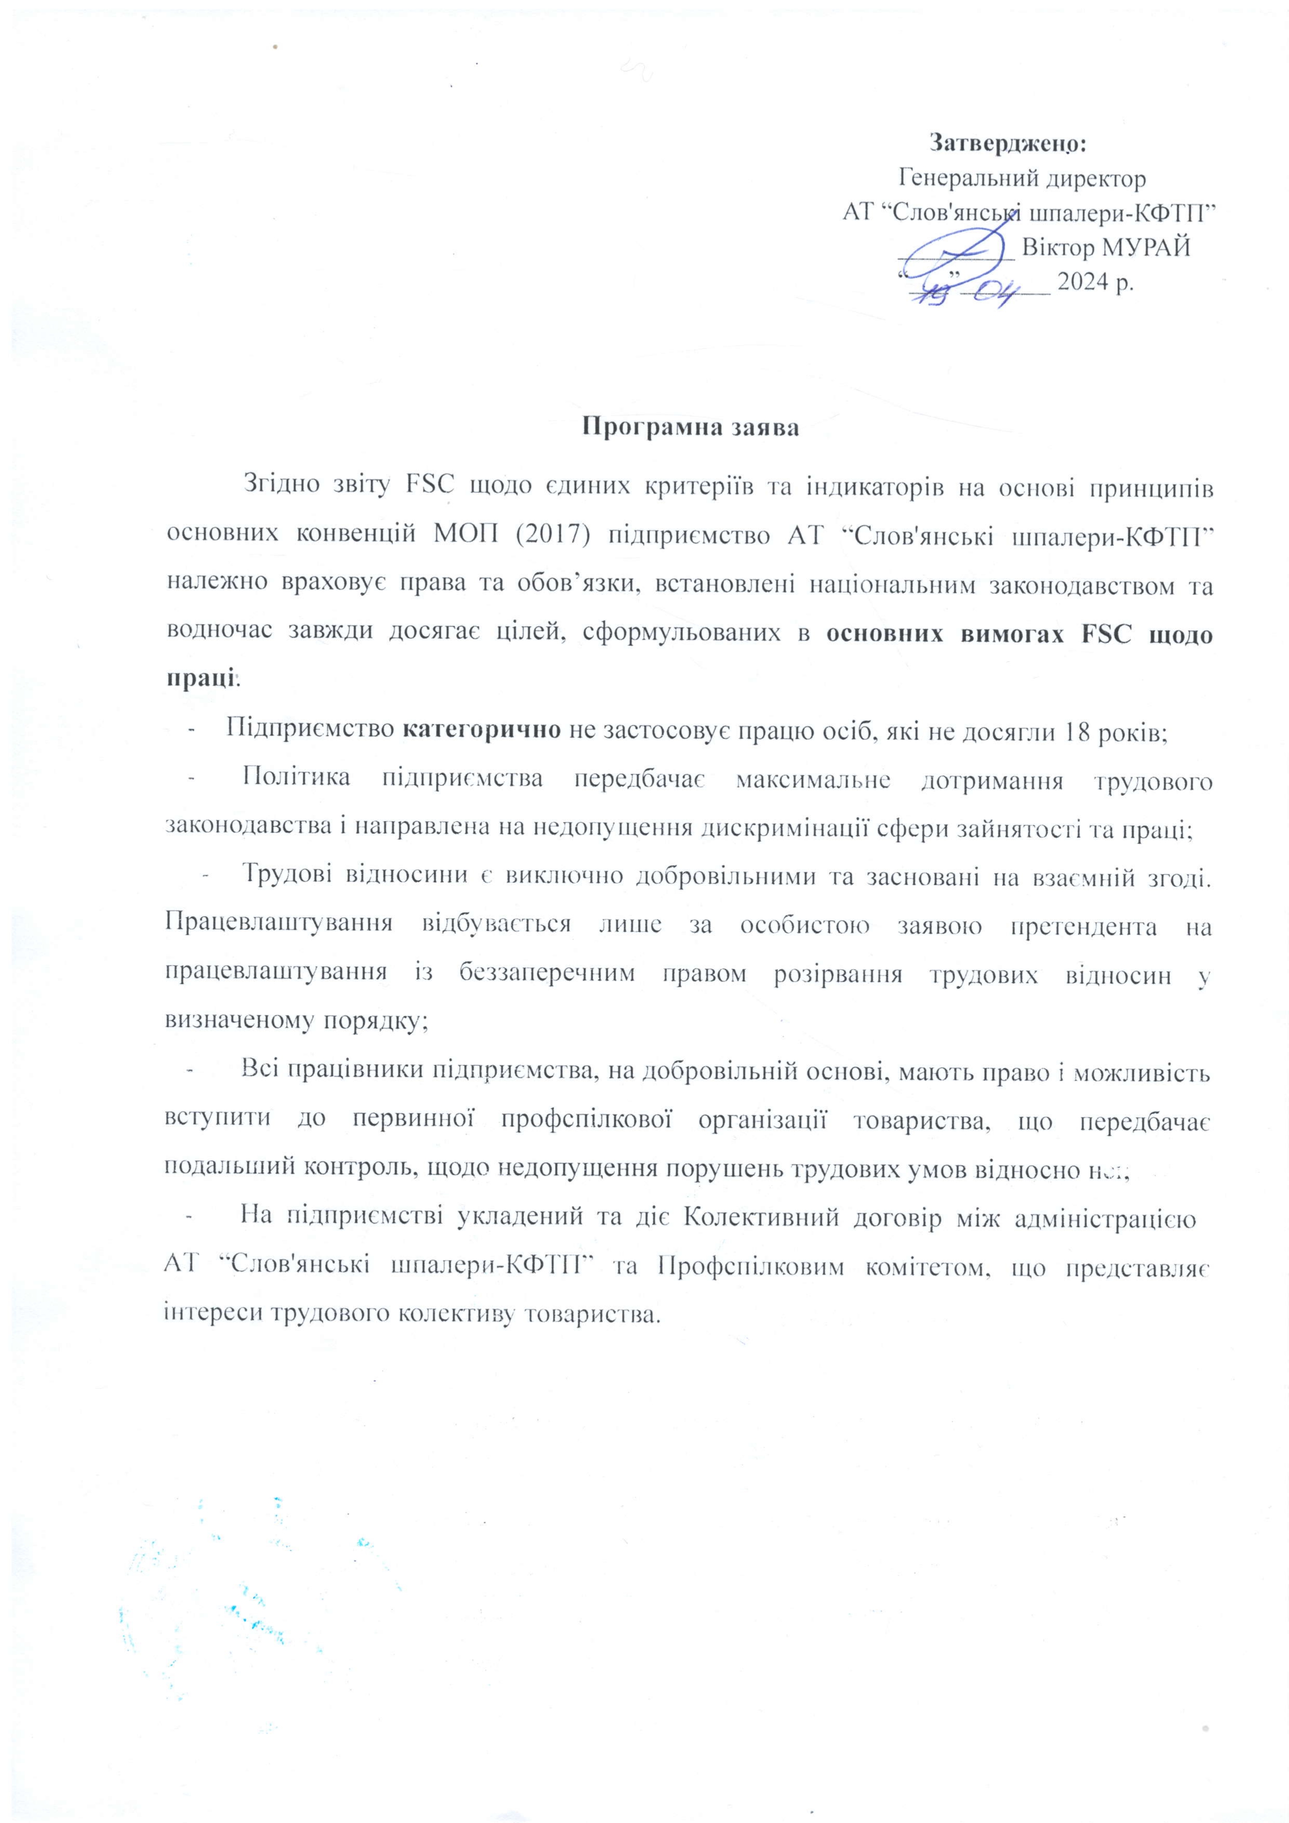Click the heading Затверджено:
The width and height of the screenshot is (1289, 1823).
1007,144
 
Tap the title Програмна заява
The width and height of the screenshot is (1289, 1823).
691,427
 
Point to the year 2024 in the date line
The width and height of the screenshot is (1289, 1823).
1085,282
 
